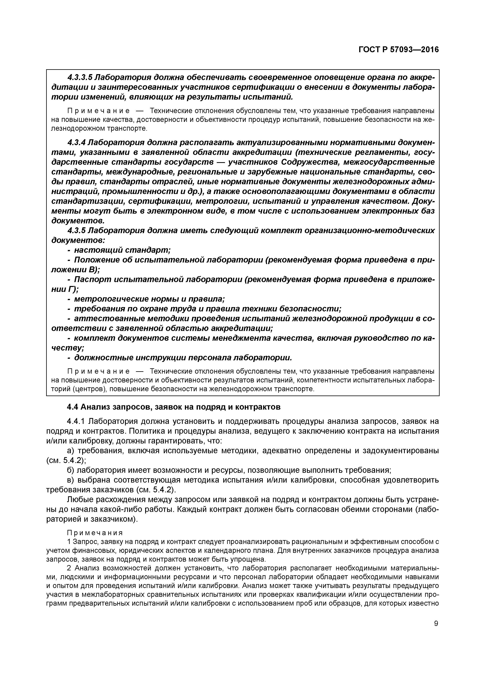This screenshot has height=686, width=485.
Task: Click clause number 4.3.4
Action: click(77, 143)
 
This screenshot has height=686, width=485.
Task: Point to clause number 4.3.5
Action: click(77, 230)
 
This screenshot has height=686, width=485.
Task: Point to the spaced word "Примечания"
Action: click(95, 533)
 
